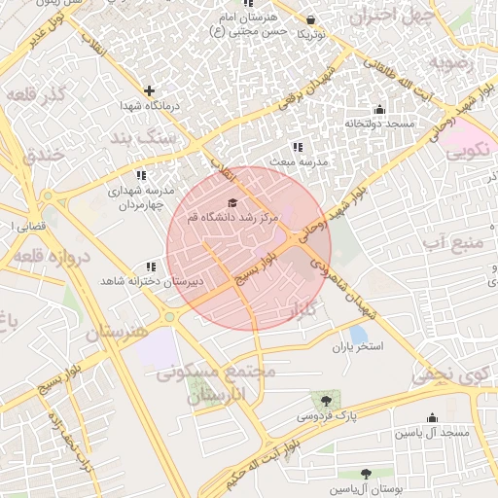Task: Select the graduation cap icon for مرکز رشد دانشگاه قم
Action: (231, 202)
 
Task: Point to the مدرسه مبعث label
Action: (296, 160)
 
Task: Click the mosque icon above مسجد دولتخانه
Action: (378, 109)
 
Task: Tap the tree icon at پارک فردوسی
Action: (325, 400)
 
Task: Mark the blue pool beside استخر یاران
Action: (358, 334)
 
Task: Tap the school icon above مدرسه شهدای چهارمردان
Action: (141, 176)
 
